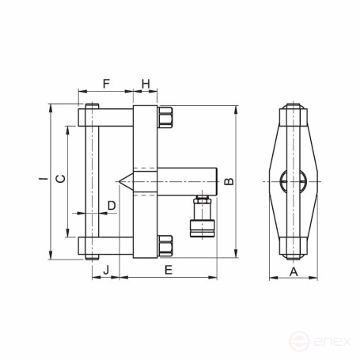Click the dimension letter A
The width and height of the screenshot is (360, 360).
point(294,271)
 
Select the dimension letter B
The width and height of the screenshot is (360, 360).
point(229,181)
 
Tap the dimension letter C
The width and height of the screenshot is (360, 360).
point(59,180)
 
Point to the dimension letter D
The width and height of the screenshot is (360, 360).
point(111,206)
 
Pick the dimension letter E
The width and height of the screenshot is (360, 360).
point(167,271)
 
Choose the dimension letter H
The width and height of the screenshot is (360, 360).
point(146,84)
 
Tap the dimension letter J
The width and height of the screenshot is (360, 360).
point(106,271)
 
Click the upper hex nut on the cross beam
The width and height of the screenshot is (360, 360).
point(167,118)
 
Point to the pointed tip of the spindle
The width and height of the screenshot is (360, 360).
point(120,181)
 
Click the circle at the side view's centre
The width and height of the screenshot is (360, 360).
point(294,181)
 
